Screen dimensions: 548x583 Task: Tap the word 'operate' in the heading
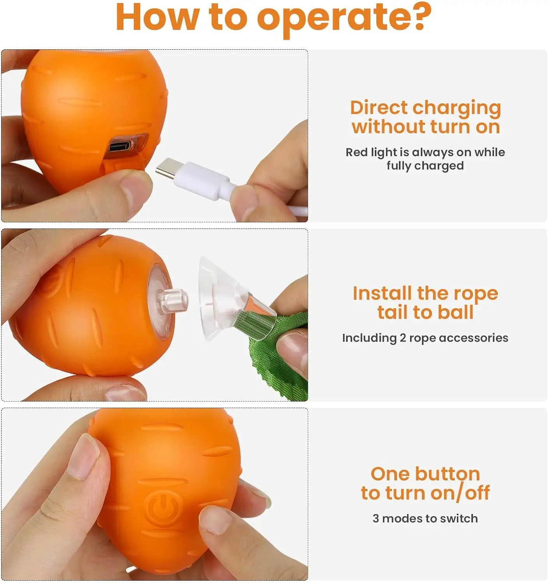[x=329, y=20]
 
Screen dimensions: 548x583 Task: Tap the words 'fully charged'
[x=425, y=166]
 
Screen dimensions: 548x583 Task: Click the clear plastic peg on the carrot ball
[x=174, y=300]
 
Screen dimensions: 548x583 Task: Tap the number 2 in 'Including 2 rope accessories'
[x=403, y=338]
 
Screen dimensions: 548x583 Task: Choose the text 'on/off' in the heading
[x=460, y=493]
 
